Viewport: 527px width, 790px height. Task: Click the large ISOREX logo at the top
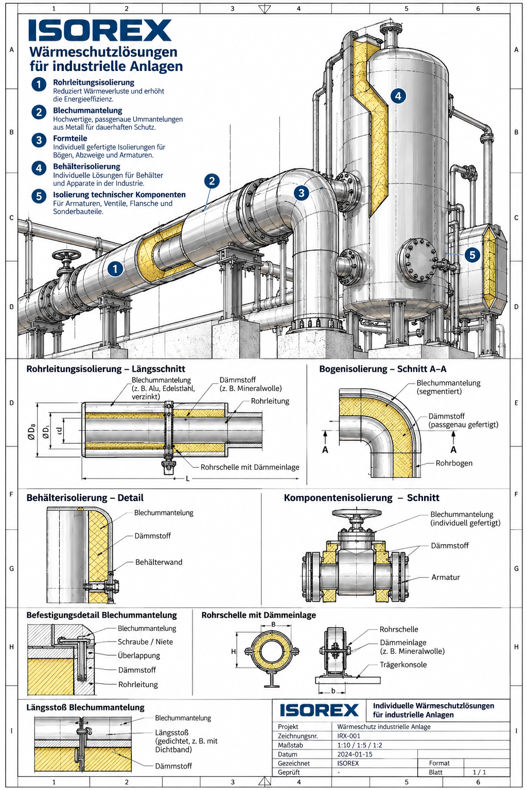[x=100, y=30]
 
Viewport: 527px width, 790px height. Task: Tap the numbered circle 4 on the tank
[x=398, y=96]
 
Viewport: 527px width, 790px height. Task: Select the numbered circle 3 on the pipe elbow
[x=302, y=193]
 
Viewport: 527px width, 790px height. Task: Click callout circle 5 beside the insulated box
[x=472, y=255]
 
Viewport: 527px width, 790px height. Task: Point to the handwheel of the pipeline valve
[x=66, y=255]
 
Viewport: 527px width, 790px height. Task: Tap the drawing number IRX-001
[x=348, y=736]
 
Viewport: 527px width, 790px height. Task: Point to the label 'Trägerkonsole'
[x=403, y=665]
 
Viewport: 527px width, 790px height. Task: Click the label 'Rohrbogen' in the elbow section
[x=454, y=463]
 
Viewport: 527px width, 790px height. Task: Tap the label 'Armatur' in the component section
[x=446, y=578]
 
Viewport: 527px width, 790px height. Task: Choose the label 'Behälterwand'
[x=159, y=562]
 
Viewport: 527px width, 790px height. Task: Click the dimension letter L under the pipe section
[x=188, y=479]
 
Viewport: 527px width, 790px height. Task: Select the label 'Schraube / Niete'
[x=146, y=642]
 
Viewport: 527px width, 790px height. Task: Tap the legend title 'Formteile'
[x=70, y=138]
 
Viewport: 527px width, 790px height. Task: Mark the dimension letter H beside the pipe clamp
[x=233, y=652]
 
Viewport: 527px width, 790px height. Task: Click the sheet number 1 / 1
[x=479, y=773]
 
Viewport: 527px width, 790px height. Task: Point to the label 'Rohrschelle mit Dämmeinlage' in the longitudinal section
[x=250, y=468]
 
